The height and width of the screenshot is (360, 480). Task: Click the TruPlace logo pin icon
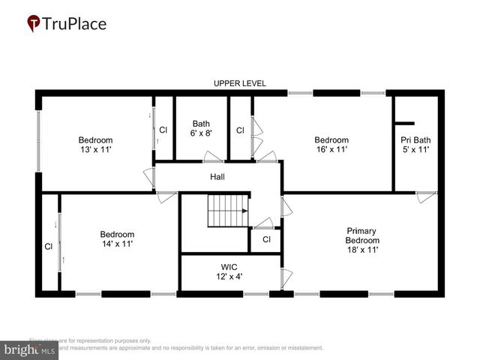point(33,24)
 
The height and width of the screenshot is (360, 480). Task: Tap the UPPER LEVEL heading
point(240,83)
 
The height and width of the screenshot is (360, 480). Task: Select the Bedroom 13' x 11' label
point(96,145)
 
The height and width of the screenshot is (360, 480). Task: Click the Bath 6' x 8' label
point(201,128)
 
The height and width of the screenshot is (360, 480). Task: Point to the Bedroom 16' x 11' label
point(331,145)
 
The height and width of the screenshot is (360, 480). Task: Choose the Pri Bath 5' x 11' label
point(415,145)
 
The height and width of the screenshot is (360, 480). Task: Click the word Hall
point(217,177)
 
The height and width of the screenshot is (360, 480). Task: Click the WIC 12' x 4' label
point(229,271)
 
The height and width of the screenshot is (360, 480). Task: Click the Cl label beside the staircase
point(265,239)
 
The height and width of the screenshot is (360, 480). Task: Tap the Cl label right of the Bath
point(240,130)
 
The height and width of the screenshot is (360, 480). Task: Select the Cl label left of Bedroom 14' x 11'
point(48,246)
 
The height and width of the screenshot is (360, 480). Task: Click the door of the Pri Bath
point(427,198)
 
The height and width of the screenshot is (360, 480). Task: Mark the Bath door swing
point(213,157)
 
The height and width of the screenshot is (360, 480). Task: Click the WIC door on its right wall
point(285,277)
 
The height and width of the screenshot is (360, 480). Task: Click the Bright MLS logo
point(30,349)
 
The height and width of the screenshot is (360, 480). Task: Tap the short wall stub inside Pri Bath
point(405,123)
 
